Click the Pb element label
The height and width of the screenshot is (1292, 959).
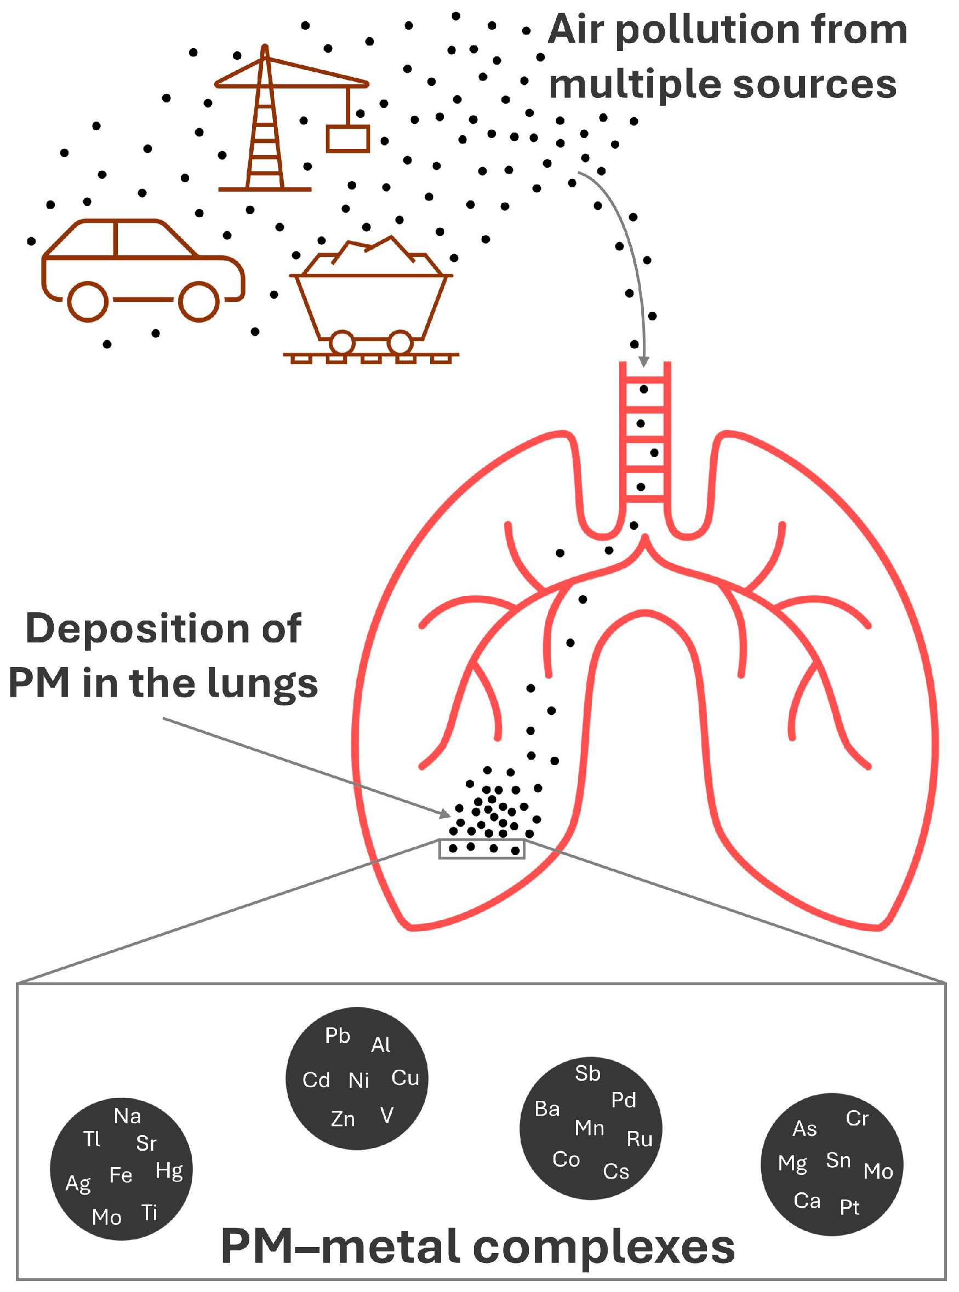(x=337, y=1036)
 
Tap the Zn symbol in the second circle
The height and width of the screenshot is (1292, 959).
(x=342, y=1119)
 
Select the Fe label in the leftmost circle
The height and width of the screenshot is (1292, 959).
(x=121, y=1175)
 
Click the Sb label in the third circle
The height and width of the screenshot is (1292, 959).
(x=587, y=1074)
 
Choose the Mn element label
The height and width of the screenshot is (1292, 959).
(x=589, y=1128)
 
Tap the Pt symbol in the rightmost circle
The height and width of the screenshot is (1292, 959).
(x=849, y=1208)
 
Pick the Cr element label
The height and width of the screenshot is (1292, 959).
(x=857, y=1118)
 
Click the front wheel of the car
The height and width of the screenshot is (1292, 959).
(x=198, y=301)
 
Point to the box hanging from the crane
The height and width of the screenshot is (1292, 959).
(x=348, y=139)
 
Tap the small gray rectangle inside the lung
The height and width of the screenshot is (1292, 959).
(x=482, y=849)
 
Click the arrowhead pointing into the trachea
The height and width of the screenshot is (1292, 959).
(x=644, y=362)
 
